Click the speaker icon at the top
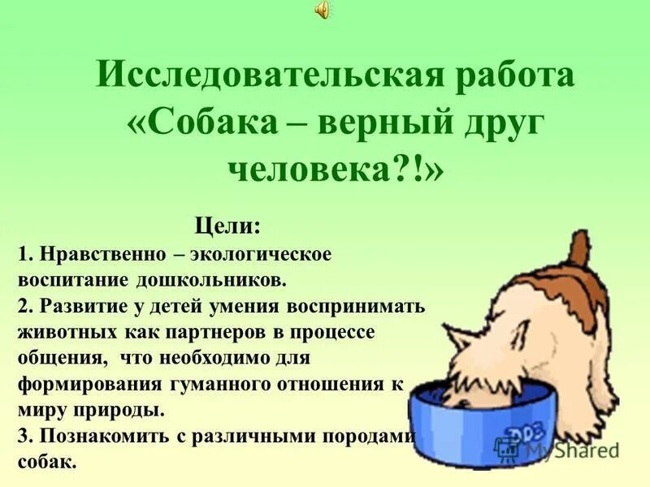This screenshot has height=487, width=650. coord(323,9)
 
